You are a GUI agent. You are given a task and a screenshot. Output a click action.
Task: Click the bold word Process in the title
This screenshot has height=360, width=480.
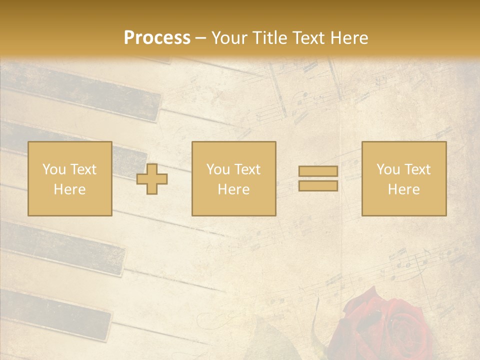157,38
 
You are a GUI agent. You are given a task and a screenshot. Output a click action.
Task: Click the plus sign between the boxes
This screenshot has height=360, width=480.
152,179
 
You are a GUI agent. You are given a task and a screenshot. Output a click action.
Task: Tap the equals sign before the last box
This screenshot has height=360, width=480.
318,178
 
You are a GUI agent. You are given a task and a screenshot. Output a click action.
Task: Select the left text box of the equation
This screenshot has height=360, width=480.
70,178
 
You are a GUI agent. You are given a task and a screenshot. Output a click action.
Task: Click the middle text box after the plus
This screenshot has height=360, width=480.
234,178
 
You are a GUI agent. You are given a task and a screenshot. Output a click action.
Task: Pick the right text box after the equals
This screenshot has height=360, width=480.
404,178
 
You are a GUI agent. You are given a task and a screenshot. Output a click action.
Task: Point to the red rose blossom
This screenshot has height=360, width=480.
385,325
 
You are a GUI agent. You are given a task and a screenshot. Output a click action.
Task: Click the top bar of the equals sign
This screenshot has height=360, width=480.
318,171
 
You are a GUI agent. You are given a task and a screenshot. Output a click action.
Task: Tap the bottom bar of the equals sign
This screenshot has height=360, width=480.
318,185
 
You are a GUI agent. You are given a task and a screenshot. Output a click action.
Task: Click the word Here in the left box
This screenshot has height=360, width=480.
70,189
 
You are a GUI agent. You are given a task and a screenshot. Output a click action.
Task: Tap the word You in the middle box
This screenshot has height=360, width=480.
218,169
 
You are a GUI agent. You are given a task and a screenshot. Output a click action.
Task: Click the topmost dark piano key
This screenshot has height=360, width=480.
85,92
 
